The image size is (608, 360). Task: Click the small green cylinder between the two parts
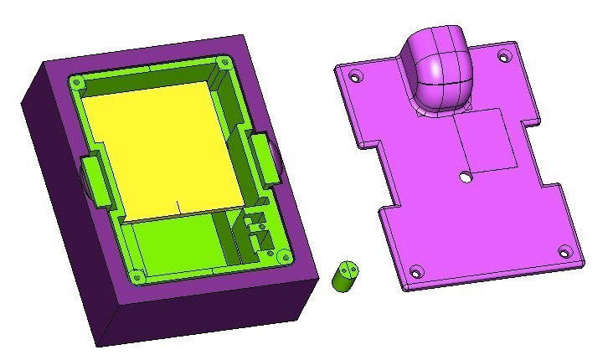pos(345,275)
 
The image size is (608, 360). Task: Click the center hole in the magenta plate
pos(466,177)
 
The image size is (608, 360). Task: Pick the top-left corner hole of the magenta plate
pos(355,77)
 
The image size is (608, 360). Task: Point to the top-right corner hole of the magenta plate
pos(503,57)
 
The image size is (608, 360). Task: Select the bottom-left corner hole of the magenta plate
pos(417,271)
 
